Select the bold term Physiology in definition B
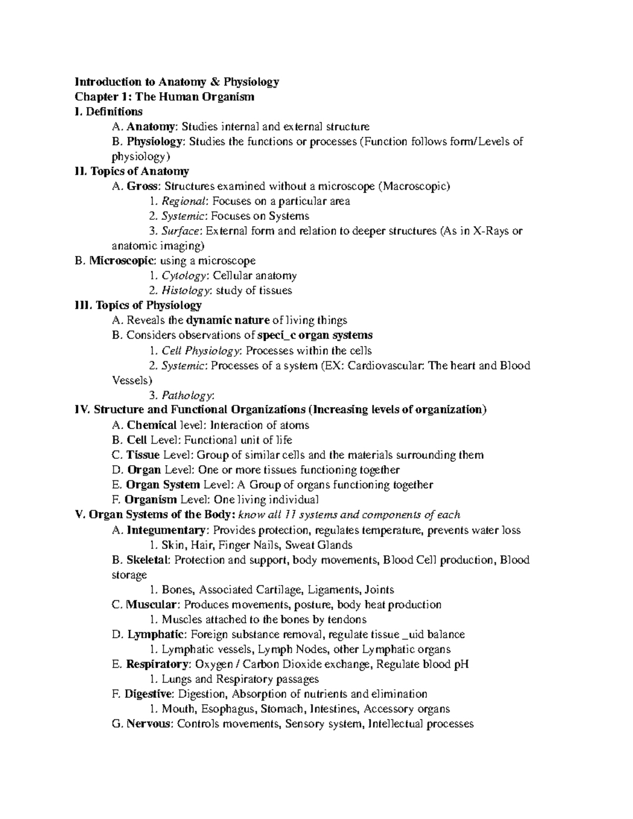click(156, 141)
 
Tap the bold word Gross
click(143, 186)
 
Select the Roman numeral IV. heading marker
click(83, 410)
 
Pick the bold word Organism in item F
click(151, 499)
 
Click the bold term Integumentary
click(166, 530)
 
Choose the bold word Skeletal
click(148, 560)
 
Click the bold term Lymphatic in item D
click(156, 634)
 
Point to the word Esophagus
click(229, 709)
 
